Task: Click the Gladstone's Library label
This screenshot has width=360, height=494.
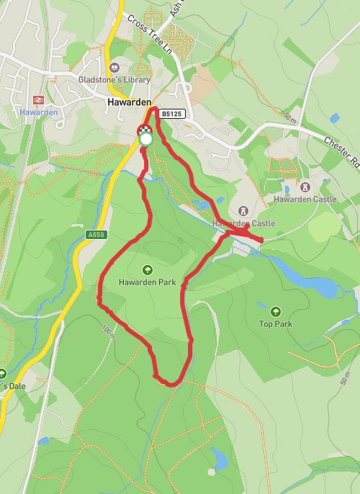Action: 114,80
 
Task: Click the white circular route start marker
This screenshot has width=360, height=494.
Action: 146,138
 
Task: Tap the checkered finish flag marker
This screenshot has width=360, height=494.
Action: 143,130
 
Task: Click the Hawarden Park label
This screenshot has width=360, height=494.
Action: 148,283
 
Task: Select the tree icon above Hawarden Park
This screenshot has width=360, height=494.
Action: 148,271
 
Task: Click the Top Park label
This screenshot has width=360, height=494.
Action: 276,324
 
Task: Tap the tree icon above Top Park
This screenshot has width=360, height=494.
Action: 276,312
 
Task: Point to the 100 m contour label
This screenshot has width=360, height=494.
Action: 108,332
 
